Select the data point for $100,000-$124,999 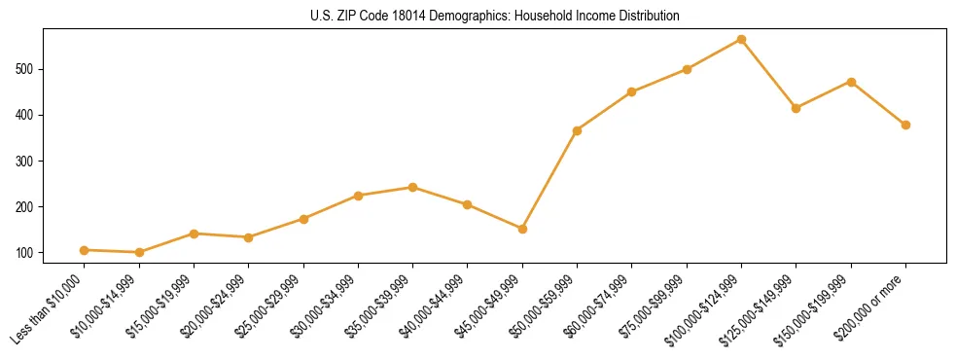[x=741, y=39]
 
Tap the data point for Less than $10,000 [x=84, y=250]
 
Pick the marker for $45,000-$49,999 [x=522, y=229]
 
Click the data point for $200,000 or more [x=905, y=125]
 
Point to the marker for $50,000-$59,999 [x=577, y=130]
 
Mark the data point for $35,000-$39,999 [x=412, y=187]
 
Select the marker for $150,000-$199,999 [x=851, y=82]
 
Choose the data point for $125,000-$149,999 [x=796, y=108]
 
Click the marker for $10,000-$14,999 [x=139, y=252]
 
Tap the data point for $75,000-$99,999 [x=687, y=69]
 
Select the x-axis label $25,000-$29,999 [x=269, y=306]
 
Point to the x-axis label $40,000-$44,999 [x=434, y=306]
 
